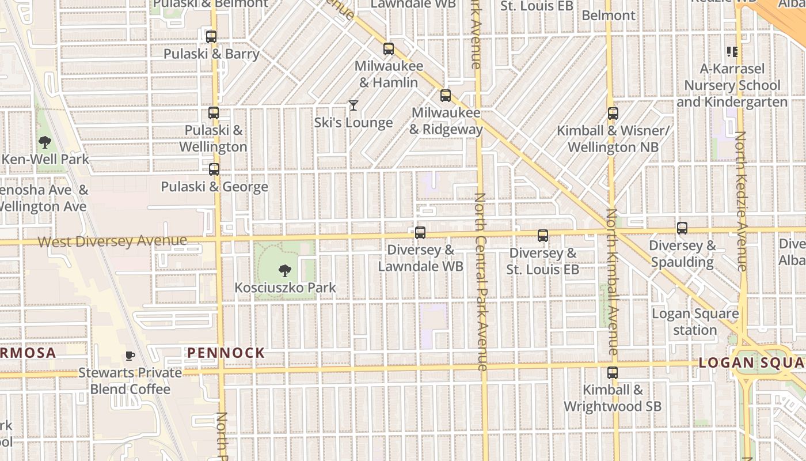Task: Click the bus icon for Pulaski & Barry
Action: point(211,37)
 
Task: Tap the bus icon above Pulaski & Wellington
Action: point(214,113)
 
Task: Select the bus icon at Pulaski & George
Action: point(214,169)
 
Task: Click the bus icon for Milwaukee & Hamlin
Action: point(389,49)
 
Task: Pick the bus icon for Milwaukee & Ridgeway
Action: point(446,96)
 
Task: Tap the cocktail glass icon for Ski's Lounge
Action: point(353,105)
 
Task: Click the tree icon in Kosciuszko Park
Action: point(284,270)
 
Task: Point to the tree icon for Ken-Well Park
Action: point(44,142)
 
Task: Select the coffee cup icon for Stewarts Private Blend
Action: point(130,356)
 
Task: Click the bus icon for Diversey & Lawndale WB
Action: point(420,233)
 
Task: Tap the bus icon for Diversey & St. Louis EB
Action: point(543,236)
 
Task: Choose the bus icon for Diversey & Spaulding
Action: point(682,228)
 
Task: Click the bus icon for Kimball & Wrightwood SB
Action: point(613,373)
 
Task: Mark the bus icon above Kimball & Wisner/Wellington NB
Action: point(613,114)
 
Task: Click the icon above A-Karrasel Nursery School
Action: point(732,52)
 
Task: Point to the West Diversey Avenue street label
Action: point(112,240)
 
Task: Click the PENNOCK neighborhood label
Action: point(226,353)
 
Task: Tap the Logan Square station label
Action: point(695,322)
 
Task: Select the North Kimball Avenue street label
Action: point(611,282)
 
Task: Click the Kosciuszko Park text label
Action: point(285,287)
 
